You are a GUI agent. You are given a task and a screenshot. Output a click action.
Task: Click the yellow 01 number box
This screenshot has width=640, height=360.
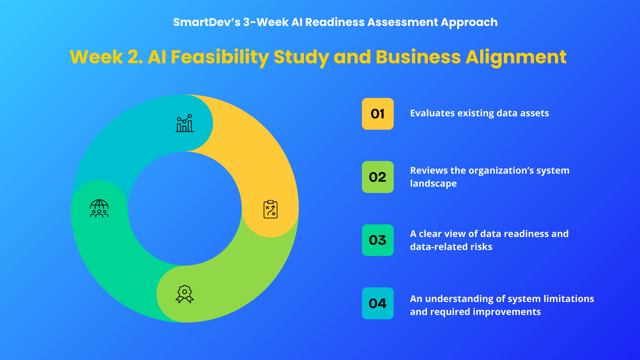(378, 114)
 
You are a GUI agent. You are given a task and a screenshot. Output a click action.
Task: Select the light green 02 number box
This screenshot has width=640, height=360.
(378, 177)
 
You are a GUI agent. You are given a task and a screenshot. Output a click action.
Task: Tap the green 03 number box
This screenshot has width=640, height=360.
(378, 240)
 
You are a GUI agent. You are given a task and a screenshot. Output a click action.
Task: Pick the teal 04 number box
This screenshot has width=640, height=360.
(378, 303)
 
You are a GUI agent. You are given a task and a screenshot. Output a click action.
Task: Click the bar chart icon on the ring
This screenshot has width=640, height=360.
(185, 123)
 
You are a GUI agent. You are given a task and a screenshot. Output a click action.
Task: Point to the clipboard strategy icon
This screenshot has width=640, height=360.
(270, 209)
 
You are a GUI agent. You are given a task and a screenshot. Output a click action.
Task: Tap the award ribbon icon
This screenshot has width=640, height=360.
(185, 294)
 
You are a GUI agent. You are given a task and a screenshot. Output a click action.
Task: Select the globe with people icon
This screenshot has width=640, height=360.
(99, 208)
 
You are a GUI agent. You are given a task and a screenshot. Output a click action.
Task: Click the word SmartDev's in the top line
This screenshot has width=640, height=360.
(207, 22)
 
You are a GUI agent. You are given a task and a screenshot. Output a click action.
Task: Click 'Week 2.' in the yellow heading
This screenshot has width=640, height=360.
(106, 57)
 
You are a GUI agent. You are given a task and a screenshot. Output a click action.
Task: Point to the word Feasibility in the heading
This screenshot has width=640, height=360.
(220, 57)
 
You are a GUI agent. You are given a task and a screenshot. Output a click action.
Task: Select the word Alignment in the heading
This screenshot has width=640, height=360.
(516, 57)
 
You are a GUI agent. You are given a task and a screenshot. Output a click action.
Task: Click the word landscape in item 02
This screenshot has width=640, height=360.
(433, 184)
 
